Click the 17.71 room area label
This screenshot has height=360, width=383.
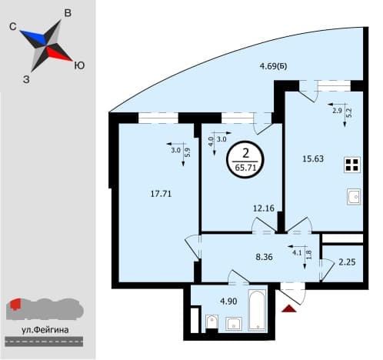(161, 194)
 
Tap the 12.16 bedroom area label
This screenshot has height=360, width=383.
(264, 208)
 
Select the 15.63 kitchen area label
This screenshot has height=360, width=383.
(313, 158)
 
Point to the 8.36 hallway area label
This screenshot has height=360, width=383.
(264, 257)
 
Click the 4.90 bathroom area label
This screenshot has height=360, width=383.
(228, 302)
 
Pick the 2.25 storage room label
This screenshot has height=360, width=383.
(347, 262)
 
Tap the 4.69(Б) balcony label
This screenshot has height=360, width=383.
(273, 66)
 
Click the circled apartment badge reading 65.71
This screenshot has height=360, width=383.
(245, 160)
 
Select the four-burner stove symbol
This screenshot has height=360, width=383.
(352, 165)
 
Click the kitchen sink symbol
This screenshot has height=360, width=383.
(354, 197)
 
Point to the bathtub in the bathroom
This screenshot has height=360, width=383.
(257, 310)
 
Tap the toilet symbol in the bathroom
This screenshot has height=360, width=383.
(211, 322)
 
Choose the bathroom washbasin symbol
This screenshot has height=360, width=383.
(234, 324)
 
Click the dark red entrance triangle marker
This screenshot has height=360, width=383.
(289, 309)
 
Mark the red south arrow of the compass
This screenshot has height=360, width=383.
(59, 55)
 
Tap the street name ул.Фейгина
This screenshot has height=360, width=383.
(45, 330)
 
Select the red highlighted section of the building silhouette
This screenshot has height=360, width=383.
(15, 304)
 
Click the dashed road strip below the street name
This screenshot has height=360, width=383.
(44, 342)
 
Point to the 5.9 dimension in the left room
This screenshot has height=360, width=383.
(188, 153)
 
